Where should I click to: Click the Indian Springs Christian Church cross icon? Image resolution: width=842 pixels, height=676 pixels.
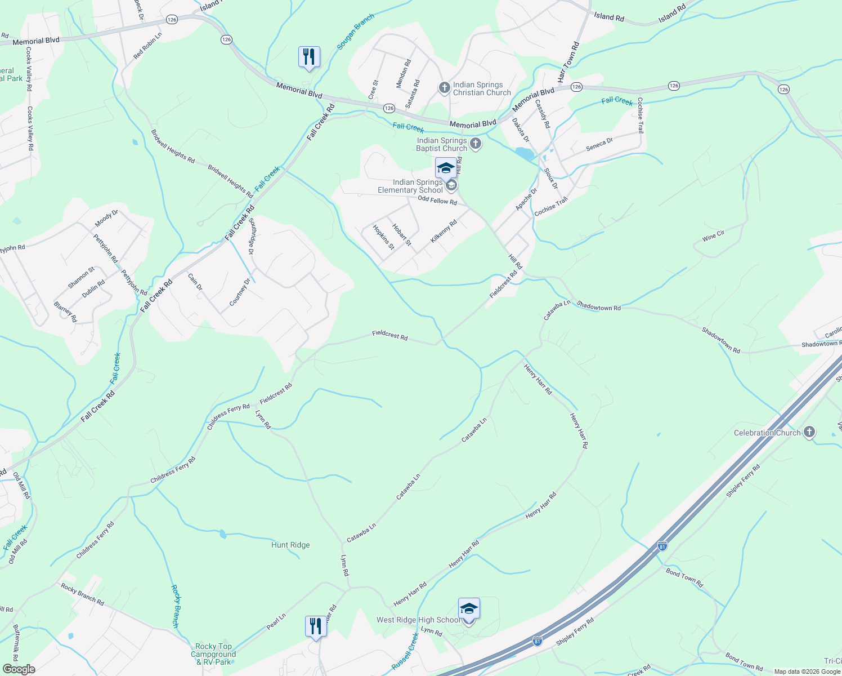pyautogui.click(x=444, y=87)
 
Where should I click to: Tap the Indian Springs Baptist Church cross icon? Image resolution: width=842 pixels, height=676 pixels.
pyautogui.click(x=476, y=144)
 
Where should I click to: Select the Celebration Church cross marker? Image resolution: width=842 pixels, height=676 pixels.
pyautogui.click(x=809, y=433)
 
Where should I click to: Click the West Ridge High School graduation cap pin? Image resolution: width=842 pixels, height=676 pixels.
pyautogui.click(x=469, y=610)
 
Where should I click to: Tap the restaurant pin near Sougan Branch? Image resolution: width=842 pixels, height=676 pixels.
pyautogui.click(x=309, y=57)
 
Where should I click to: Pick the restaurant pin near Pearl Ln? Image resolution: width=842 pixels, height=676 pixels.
pyautogui.click(x=316, y=627)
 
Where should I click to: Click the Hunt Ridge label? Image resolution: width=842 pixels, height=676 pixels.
pyautogui.click(x=290, y=545)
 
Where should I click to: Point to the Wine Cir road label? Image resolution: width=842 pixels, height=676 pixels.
pyautogui.click(x=713, y=236)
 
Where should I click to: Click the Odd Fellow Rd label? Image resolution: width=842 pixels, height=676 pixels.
pyautogui.click(x=437, y=201)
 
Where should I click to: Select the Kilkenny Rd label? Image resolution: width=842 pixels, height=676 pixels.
pyautogui.click(x=444, y=232)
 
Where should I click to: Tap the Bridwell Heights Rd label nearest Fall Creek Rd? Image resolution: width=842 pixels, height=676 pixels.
pyautogui.click(x=230, y=181)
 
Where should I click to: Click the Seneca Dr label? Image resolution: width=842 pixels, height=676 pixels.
pyautogui.click(x=599, y=144)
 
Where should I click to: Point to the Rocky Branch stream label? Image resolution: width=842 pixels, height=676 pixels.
pyautogui.click(x=175, y=606)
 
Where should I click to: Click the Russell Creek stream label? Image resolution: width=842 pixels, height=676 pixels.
pyautogui.click(x=405, y=651)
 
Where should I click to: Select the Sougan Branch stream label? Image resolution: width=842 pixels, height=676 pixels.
pyautogui.click(x=355, y=32)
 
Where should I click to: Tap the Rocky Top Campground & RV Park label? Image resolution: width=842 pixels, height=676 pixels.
pyautogui.click(x=213, y=654)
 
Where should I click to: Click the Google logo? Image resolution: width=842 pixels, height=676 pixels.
pyautogui.click(x=19, y=669)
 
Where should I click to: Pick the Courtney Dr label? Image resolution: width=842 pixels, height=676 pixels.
pyautogui.click(x=240, y=292)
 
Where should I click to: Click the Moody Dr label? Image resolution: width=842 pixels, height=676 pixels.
pyautogui.click(x=106, y=218)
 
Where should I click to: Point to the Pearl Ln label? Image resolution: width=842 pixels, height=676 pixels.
pyautogui.click(x=276, y=621)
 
